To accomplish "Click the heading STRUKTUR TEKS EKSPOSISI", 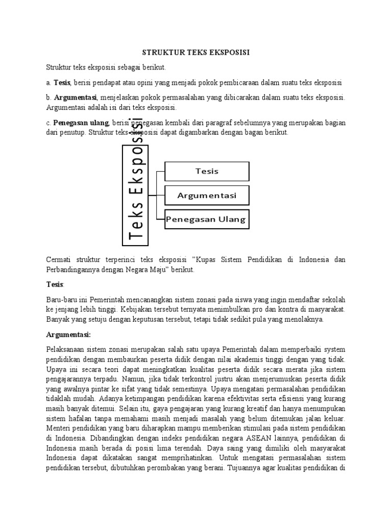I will [x=196, y=53].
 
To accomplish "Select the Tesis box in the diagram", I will [x=207, y=171].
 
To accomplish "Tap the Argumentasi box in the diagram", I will [x=207, y=196].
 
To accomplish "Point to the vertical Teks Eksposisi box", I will [x=135, y=194].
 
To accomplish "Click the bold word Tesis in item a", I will [x=62, y=83].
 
